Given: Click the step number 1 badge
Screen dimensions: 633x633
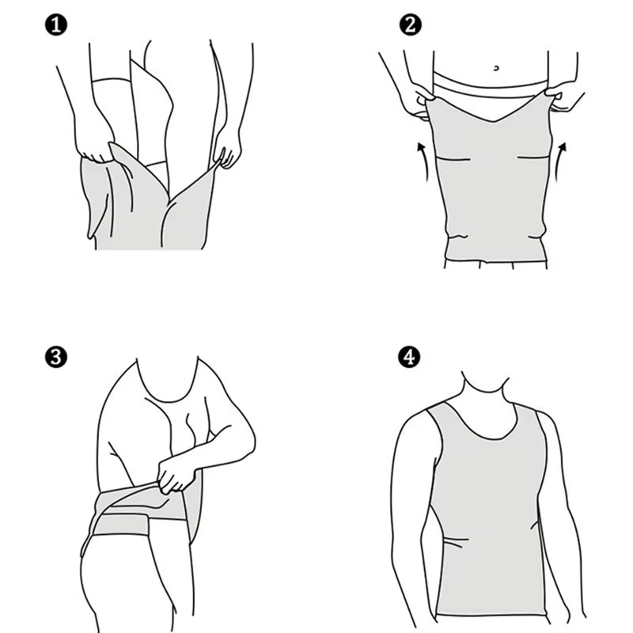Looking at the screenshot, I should point(56,25).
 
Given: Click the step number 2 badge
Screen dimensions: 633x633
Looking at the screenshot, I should point(408,25).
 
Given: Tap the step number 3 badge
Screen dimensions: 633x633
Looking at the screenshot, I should point(56,356).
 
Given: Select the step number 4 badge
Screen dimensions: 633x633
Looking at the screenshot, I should point(408,356).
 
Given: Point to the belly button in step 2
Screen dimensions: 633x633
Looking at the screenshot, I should point(496,68).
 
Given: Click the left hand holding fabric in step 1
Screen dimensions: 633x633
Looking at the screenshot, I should point(96,147).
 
